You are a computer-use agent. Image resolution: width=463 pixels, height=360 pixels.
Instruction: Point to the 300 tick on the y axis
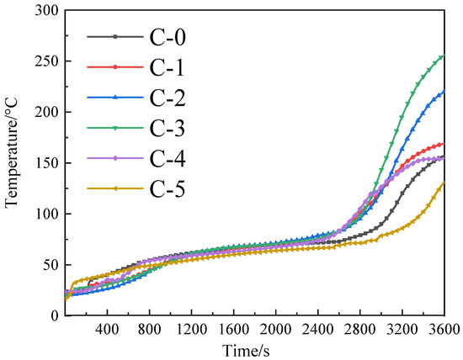click(x=46, y=11)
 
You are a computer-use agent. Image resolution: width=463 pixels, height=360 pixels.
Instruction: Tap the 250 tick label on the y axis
click(x=46, y=61)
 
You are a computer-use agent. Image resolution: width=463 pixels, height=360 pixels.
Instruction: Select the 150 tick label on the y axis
click(x=46, y=163)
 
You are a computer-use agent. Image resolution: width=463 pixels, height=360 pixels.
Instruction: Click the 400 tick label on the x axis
click(x=107, y=330)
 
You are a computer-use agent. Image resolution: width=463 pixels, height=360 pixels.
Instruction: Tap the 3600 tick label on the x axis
click(x=444, y=330)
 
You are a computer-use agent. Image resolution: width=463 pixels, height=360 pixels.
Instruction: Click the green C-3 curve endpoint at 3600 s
click(x=443, y=57)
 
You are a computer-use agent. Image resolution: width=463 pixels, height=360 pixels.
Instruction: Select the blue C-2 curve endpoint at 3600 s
click(x=443, y=92)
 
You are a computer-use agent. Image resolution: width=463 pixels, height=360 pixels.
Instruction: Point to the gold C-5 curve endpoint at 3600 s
click(x=443, y=183)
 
